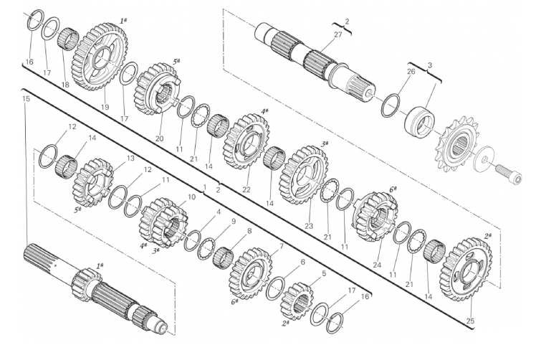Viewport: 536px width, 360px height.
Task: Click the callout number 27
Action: pos(338,34)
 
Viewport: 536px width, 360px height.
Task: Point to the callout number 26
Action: pos(411,71)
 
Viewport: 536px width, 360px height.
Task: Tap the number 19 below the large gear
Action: pos(105,107)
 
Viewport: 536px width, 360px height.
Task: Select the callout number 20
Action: pos(159,138)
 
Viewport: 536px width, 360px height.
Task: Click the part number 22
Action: pos(246,189)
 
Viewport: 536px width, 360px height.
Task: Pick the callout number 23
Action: pos(309,226)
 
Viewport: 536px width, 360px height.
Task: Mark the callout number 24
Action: pos(377,265)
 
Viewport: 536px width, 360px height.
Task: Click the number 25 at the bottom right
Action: pos(470,321)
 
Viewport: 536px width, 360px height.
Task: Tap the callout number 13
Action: pos(131,158)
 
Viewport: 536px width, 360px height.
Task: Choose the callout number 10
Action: pos(191,196)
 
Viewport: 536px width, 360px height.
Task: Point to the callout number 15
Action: pos(26,98)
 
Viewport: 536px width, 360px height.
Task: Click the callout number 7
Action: pos(282,246)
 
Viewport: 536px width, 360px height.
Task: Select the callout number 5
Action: pos(324,273)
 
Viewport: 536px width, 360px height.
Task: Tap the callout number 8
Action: pos(249,231)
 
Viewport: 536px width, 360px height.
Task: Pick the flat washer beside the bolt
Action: pos(484,160)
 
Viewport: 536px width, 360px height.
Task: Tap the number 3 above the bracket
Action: pos(430,65)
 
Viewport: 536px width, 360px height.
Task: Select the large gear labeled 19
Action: pos(100,57)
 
